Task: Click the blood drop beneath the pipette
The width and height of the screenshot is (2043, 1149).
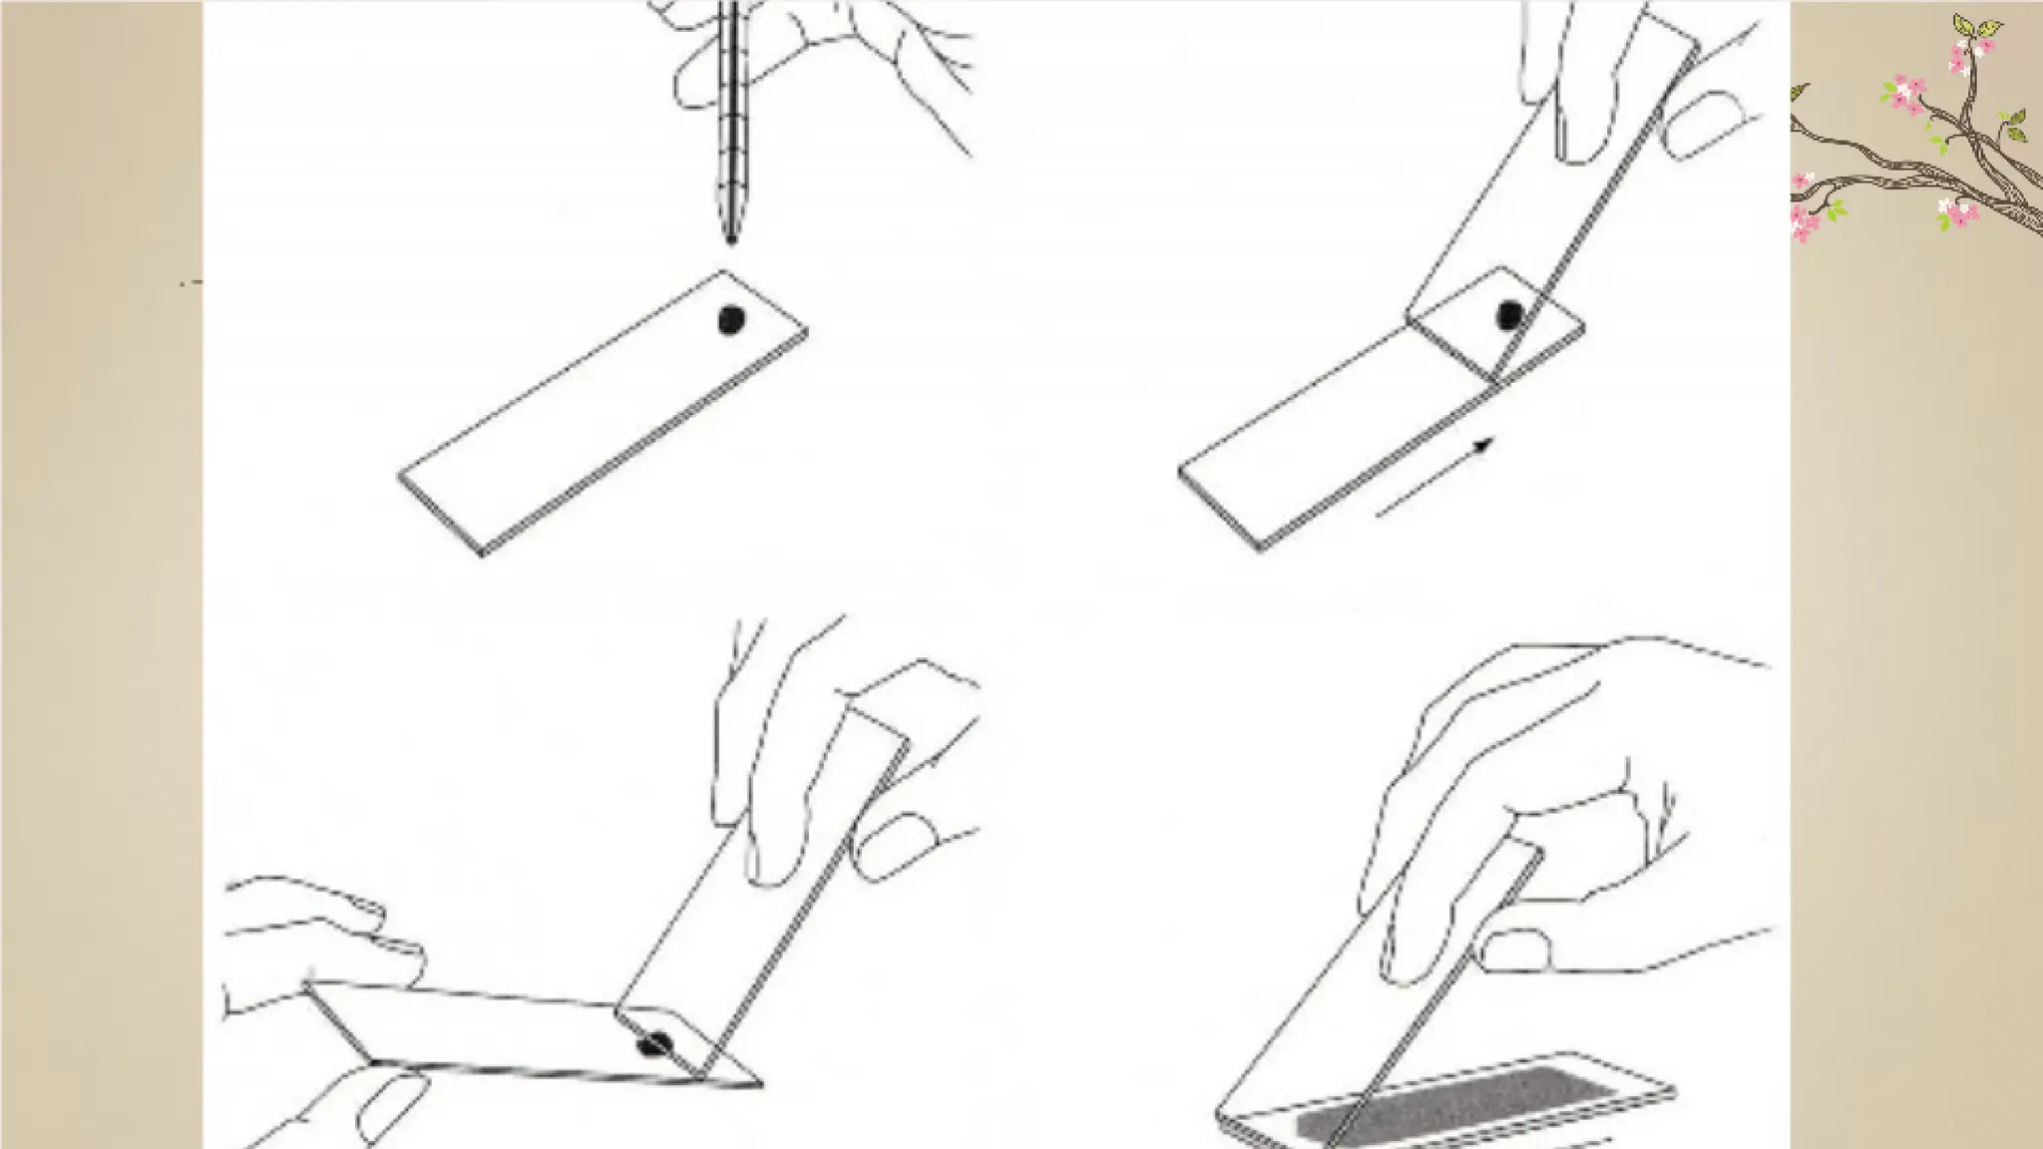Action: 731,319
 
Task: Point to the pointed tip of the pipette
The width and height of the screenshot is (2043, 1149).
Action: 731,238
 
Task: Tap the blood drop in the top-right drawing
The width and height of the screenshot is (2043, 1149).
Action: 1510,315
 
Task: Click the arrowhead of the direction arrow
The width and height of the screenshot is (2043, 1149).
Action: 1485,445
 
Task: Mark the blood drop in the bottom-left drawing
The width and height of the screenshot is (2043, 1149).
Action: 655,1044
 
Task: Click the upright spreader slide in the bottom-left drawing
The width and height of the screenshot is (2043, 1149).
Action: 758,898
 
